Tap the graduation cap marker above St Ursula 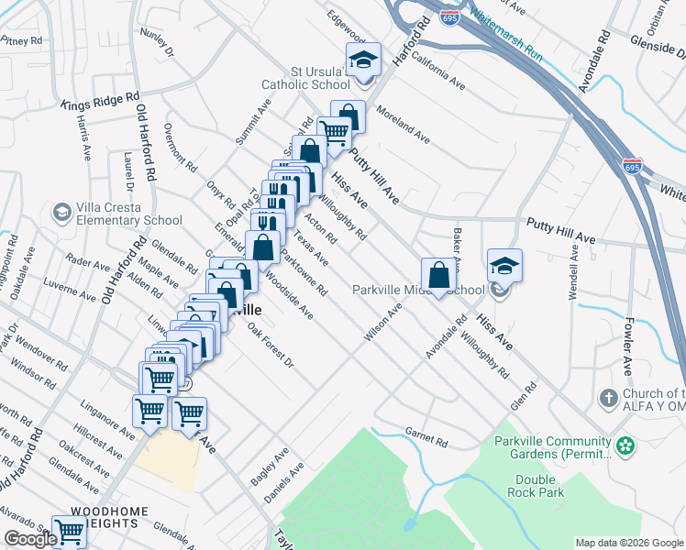coord(363,60)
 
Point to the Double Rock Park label coord(535,487)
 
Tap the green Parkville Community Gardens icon coord(625,446)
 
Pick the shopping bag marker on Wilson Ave coord(438,276)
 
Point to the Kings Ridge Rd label coord(100,100)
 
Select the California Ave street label coord(437,70)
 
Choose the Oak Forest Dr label coord(269,349)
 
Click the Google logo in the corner coord(30,539)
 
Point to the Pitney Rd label coord(22,40)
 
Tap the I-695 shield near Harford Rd coord(448,18)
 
